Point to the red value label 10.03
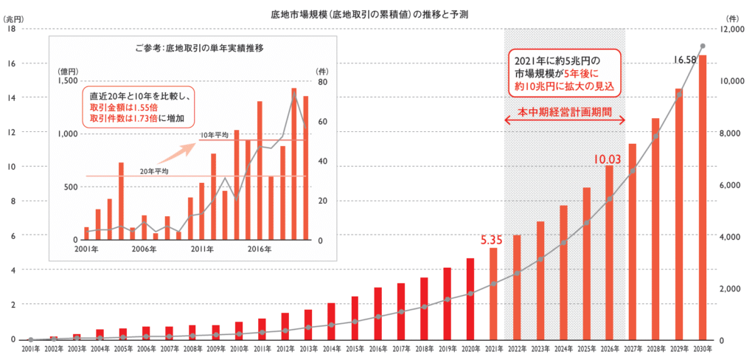[607, 158]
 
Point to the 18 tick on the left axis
[10, 29]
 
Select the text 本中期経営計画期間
[565, 115]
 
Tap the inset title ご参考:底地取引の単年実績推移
[199, 47]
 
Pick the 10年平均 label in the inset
[213, 135]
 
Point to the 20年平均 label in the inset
[156, 171]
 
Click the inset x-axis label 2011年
[200, 250]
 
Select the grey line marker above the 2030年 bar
[703, 46]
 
